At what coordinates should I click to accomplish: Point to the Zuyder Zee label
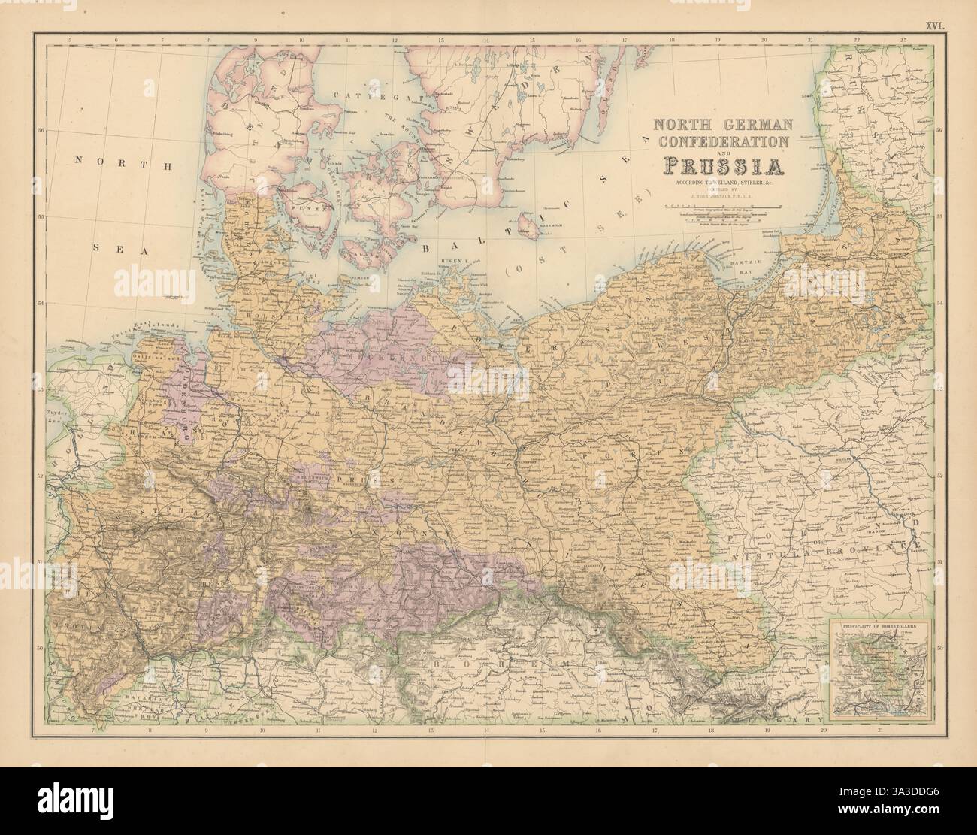[54, 417]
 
